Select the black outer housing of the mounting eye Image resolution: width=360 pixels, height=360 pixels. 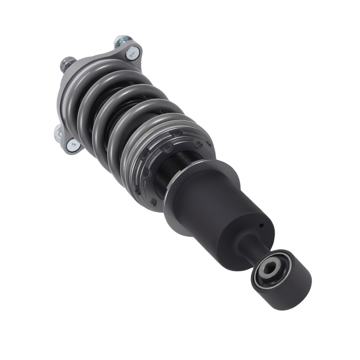pyautogui.click(x=295, y=284)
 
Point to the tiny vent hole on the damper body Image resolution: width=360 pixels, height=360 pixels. pyautogui.click(x=262, y=226)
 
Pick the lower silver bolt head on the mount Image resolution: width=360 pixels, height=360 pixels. pyautogui.click(x=74, y=144)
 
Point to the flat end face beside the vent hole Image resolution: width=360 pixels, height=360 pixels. pyautogui.click(x=248, y=230)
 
